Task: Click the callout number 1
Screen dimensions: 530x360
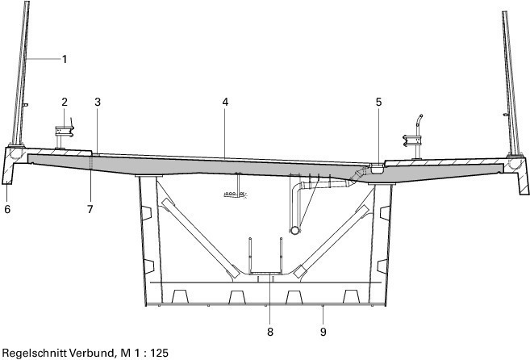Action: tap(65, 59)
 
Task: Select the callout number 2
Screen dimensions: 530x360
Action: tap(65, 102)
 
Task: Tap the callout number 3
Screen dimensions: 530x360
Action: tap(98, 102)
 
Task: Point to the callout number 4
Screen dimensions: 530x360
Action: tap(225, 102)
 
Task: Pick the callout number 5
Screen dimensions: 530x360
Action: tap(378, 102)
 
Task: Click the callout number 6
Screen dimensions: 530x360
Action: tap(7, 209)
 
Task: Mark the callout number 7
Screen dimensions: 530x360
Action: tap(90, 209)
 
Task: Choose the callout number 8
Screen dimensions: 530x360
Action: tap(269, 332)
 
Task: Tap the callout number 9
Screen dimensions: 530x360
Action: tap(323, 332)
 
